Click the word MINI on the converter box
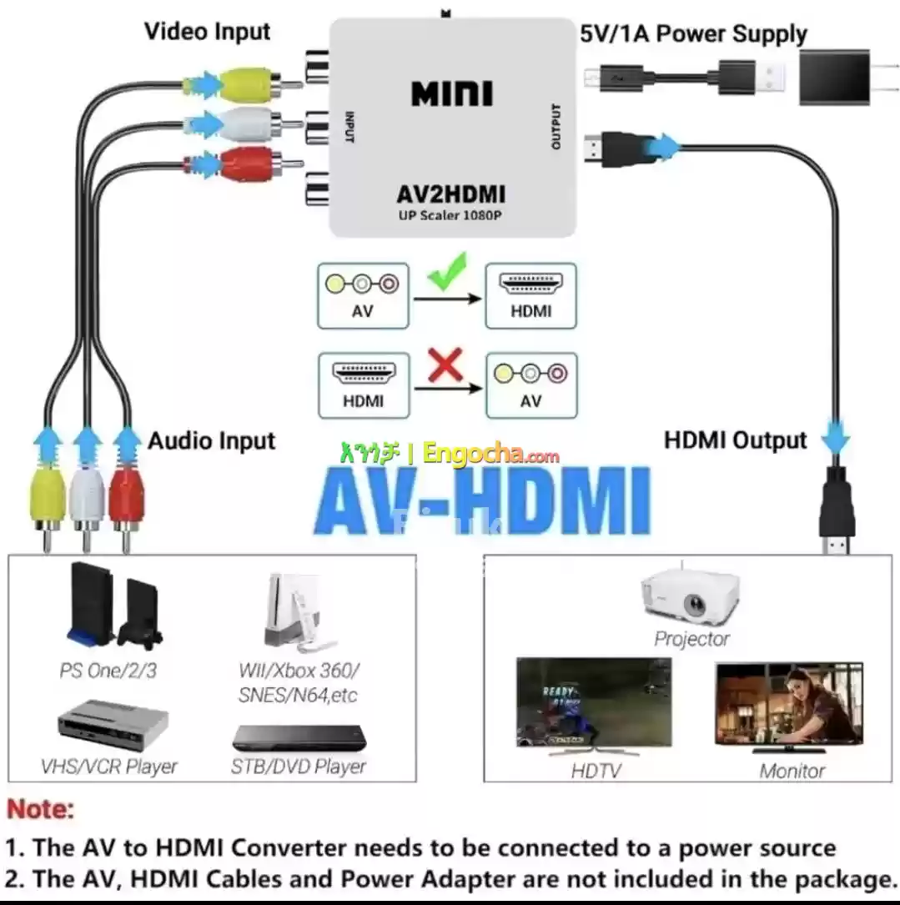(x=452, y=93)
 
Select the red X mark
(x=445, y=366)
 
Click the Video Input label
(x=208, y=32)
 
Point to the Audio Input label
(x=211, y=440)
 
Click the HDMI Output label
(x=735, y=440)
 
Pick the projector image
(x=691, y=596)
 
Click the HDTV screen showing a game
(x=593, y=703)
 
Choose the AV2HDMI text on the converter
(x=451, y=194)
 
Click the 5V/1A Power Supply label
(x=694, y=34)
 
